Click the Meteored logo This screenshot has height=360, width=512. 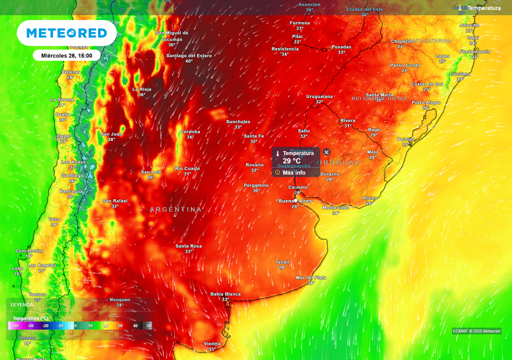[x=66, y=33]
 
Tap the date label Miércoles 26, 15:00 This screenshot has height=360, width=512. [x=66, y=55]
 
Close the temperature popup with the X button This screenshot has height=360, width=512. [x=326, y=152]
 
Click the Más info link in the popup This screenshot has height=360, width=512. [x=294, y=172]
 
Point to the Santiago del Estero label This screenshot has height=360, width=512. [x=189, y=55]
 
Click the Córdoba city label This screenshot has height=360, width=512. [x=190, y=131]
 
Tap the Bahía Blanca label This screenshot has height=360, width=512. [x=225, y=294]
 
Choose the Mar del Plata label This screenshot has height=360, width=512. [x=311, y=277]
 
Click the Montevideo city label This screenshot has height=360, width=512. [x=335, y=207]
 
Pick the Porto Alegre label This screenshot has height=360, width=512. [x=426, y=102]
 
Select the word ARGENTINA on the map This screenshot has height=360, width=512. [x=176, y=209]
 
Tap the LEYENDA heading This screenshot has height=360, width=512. [x=22, y=304]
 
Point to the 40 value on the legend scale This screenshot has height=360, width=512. [x=135, y=325]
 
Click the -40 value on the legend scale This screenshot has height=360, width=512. [x=15, y=325]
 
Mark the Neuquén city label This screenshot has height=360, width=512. [x=120, y=299]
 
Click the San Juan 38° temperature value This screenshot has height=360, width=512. [x=111, y=139]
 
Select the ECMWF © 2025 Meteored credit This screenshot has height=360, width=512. [x=476, y=331]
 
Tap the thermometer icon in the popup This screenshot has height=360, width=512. [x=278, y=153]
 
